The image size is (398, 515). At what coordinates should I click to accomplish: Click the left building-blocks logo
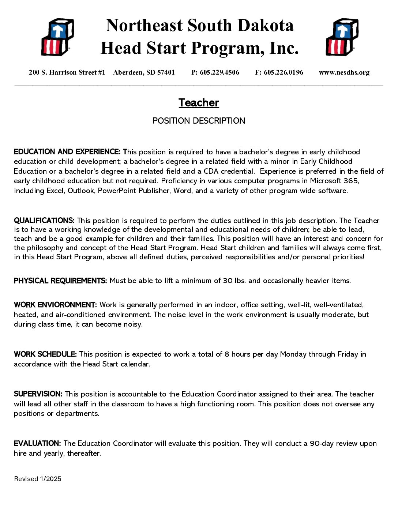(57, 37)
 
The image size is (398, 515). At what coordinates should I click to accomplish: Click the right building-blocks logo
(342, 37)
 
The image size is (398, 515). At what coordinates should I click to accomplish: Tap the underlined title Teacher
(199, 103)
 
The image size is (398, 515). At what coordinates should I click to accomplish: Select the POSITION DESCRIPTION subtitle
(199, 121)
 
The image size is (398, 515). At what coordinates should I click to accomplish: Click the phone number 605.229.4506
(219, 72)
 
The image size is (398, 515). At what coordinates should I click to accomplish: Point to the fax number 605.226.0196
(284, 72)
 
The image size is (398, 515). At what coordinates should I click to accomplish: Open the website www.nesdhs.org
(344, 72)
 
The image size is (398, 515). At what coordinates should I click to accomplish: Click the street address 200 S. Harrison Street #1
(67, 72)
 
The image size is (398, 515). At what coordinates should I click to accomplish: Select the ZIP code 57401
(166, 72)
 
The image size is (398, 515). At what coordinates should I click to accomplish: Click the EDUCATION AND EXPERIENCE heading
(67, 152)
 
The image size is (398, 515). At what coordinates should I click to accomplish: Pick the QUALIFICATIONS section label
(44, 221)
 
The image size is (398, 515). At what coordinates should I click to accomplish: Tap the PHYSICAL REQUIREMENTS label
(60, 281)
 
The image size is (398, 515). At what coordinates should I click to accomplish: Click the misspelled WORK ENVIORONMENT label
(55, 305)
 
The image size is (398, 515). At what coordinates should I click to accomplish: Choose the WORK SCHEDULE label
(45, 354)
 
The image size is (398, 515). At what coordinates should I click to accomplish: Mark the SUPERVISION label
(38, 394)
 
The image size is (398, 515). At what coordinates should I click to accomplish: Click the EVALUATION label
(37, 444)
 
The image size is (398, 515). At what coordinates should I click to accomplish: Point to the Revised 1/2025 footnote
(38, 479)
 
